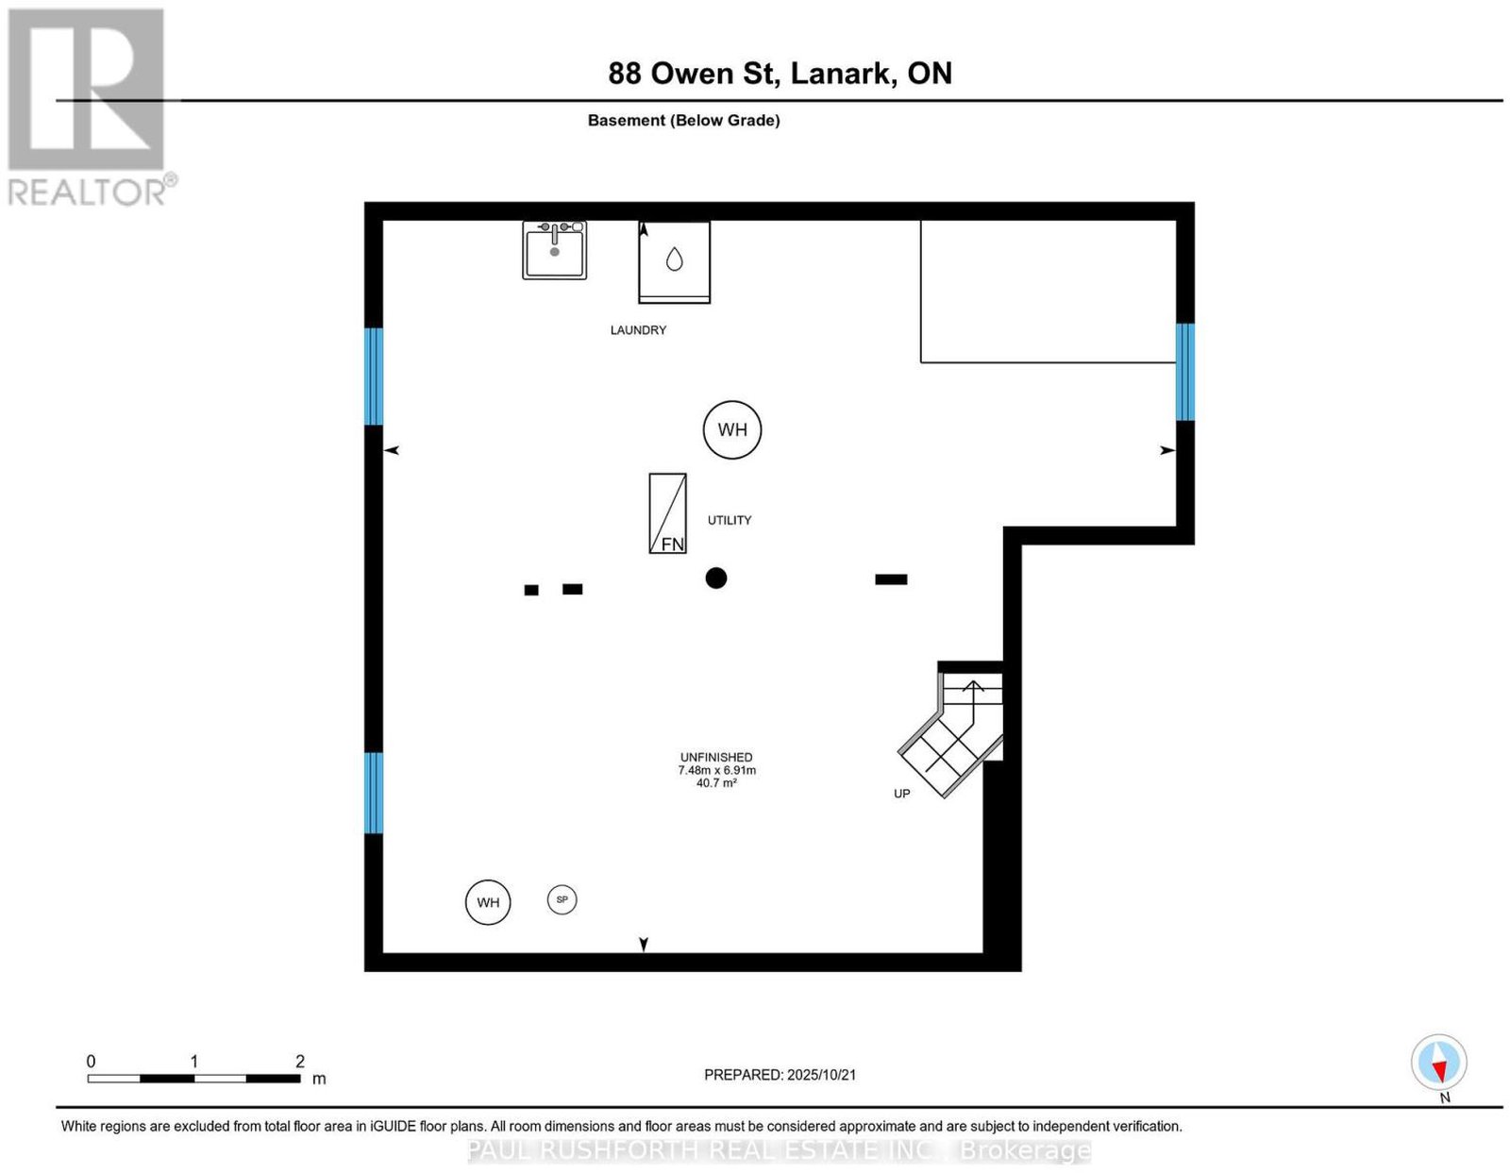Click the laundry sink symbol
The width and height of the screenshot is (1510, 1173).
[554, 249]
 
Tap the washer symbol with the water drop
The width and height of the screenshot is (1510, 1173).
[674, 261]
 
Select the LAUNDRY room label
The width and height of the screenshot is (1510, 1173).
[638, 330]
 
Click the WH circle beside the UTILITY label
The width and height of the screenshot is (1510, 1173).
[731, 429]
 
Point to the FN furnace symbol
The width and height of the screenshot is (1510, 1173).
[667, 513]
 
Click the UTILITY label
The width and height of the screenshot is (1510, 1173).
[729, 519]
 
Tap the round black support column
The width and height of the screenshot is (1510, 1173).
[715, 578]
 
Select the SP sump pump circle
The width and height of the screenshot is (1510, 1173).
[562, 899]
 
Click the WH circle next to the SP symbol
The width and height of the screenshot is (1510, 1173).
[488, 902]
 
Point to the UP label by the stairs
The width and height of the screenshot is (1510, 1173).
[901, 793]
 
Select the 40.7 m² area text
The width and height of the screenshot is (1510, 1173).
[716, 782]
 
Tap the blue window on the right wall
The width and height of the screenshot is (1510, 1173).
[1184, 372]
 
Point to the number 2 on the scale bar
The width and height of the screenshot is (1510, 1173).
[299, 1061]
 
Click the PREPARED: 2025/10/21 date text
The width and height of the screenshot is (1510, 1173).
[780, 1074]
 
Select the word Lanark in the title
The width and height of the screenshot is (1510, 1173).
[841, 73]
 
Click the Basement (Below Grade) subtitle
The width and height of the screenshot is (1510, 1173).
[684, 120]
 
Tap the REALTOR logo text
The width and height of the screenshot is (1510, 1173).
[87, 192]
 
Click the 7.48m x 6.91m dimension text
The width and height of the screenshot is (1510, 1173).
[716, 769]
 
